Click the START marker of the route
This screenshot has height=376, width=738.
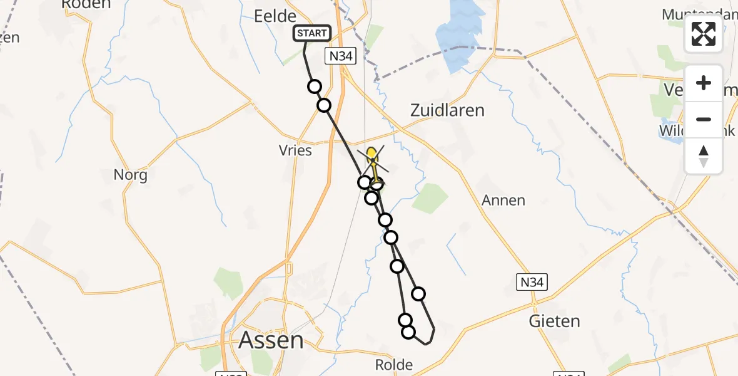coord(311,34)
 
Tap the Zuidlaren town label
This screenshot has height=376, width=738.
coord(447,111)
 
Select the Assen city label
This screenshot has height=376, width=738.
coord(271,341)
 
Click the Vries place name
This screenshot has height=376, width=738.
coord(296,151)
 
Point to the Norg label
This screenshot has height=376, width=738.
coord(131,175)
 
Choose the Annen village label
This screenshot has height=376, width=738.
coord(503,201)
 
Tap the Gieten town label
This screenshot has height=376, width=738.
coord(554,321)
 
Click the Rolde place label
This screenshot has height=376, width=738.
coord(393,365)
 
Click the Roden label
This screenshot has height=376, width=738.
coord(86,4)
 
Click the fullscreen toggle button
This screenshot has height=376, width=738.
coord(704,34)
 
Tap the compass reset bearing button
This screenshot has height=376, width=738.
coord(704,155)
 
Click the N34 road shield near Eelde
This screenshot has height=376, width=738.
coord(341,56)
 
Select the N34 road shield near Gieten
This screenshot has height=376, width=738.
coord(532,283)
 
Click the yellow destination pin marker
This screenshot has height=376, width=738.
coord(372,154)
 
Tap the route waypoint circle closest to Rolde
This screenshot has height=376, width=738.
coord(408,332)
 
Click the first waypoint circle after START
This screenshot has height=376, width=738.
coord(314,86)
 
